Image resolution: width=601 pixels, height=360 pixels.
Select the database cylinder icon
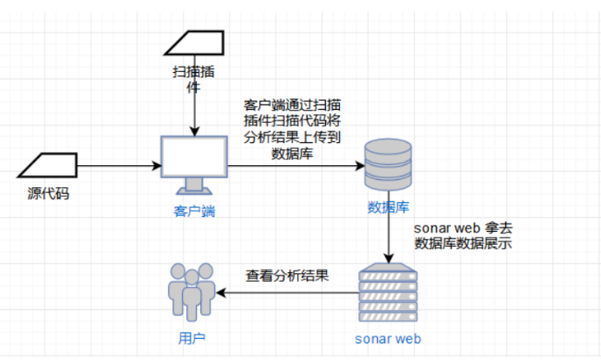pyautogui.click(x=388, y=164)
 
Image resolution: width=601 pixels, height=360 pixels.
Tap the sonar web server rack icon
pyautogui.click(x=388, y=293)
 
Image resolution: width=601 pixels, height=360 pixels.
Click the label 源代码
pyautogui.click(x=47, y=192)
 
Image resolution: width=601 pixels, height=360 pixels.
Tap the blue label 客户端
pyautogui.click(x=193, y=211)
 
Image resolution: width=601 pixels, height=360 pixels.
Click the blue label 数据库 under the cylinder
pyautogui.click(x=387, y=208)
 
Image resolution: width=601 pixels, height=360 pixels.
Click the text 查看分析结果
pyautogui.click(x=287, y=275)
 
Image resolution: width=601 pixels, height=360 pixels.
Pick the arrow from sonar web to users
pyautogui.click(x=290, y=293)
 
